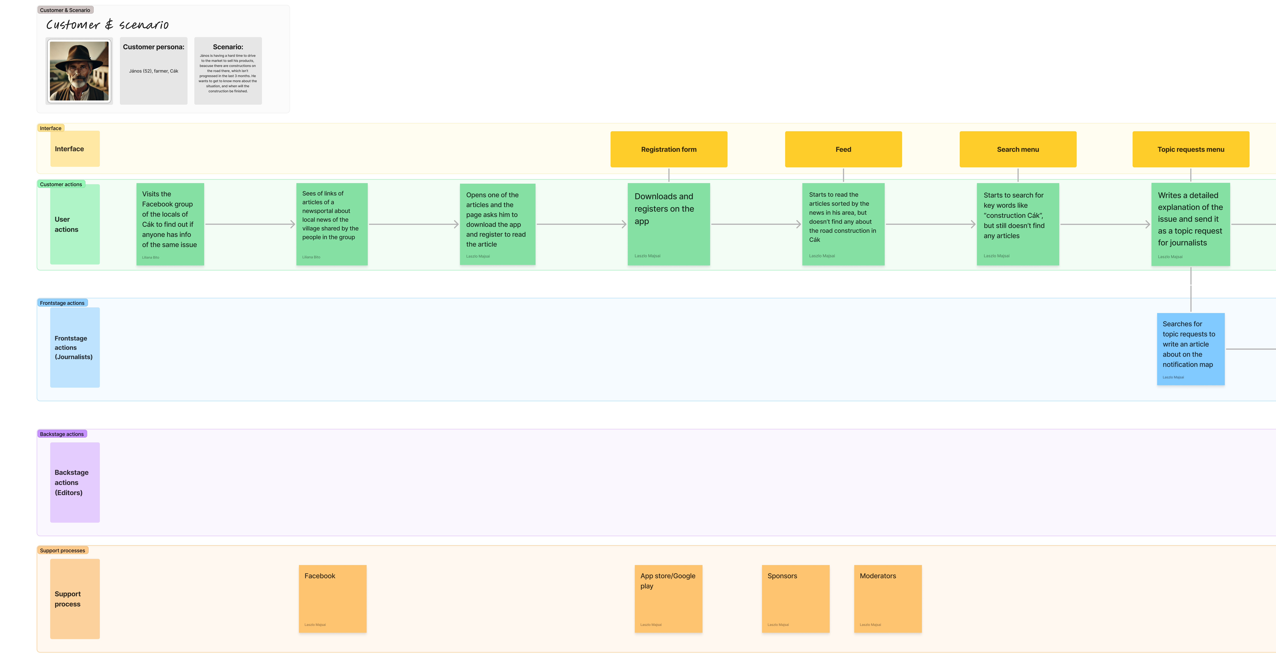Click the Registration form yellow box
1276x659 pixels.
click(669, 149)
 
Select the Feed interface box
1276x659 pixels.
click(843, 149)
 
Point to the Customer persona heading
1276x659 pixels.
click(154, 47)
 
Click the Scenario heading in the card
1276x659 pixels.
click(228, 47)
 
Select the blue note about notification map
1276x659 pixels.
click(1190, 349)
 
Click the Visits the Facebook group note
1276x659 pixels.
click(170, 224)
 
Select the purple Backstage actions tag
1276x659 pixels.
click(62, 434)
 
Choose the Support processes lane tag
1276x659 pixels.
click(62, 551)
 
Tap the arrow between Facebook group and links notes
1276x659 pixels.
click(250, 224)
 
